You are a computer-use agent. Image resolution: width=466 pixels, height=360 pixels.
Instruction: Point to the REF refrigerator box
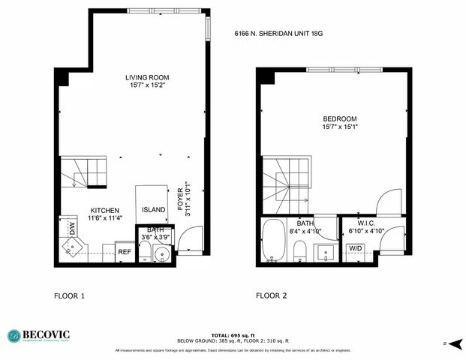pos(125,253)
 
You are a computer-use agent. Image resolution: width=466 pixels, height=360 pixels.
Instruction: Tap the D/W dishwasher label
pos(73,228)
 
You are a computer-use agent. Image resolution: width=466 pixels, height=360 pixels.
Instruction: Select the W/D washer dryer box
pos(356,249)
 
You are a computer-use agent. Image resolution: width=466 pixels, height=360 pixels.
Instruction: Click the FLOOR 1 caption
pos(69,295)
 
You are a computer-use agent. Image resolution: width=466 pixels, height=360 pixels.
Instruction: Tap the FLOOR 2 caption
pos(271,295)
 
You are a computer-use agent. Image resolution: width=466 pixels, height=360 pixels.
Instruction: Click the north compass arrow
pos(452,343)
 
